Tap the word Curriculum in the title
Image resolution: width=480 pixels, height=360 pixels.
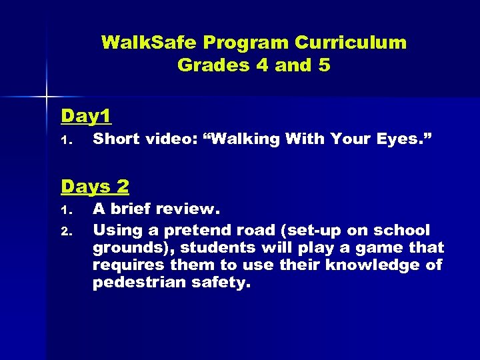(350, 43)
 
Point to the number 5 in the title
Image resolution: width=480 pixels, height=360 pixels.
(323, 65)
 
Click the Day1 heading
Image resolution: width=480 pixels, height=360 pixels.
(85, 116)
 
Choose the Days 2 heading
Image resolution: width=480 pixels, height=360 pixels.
(95, 186)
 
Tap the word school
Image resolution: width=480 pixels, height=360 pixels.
(402, 231)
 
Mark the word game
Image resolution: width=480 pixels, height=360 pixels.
(379, 248)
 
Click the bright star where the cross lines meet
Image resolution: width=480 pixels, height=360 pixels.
(47, 97)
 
